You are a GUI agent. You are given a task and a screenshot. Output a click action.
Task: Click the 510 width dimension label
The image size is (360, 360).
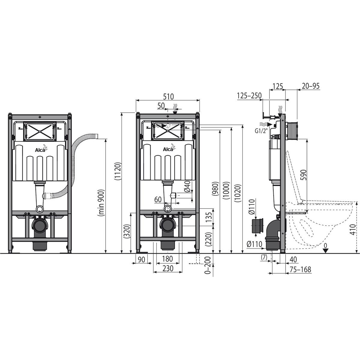click(x=168, y=96)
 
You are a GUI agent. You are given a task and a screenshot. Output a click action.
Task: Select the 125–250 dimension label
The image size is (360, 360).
click(x=249, y=96)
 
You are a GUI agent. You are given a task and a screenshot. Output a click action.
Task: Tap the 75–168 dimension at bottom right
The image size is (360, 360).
click(x=301, y=270)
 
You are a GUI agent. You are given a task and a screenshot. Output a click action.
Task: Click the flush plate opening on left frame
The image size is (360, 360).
click(x=40, y=131)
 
